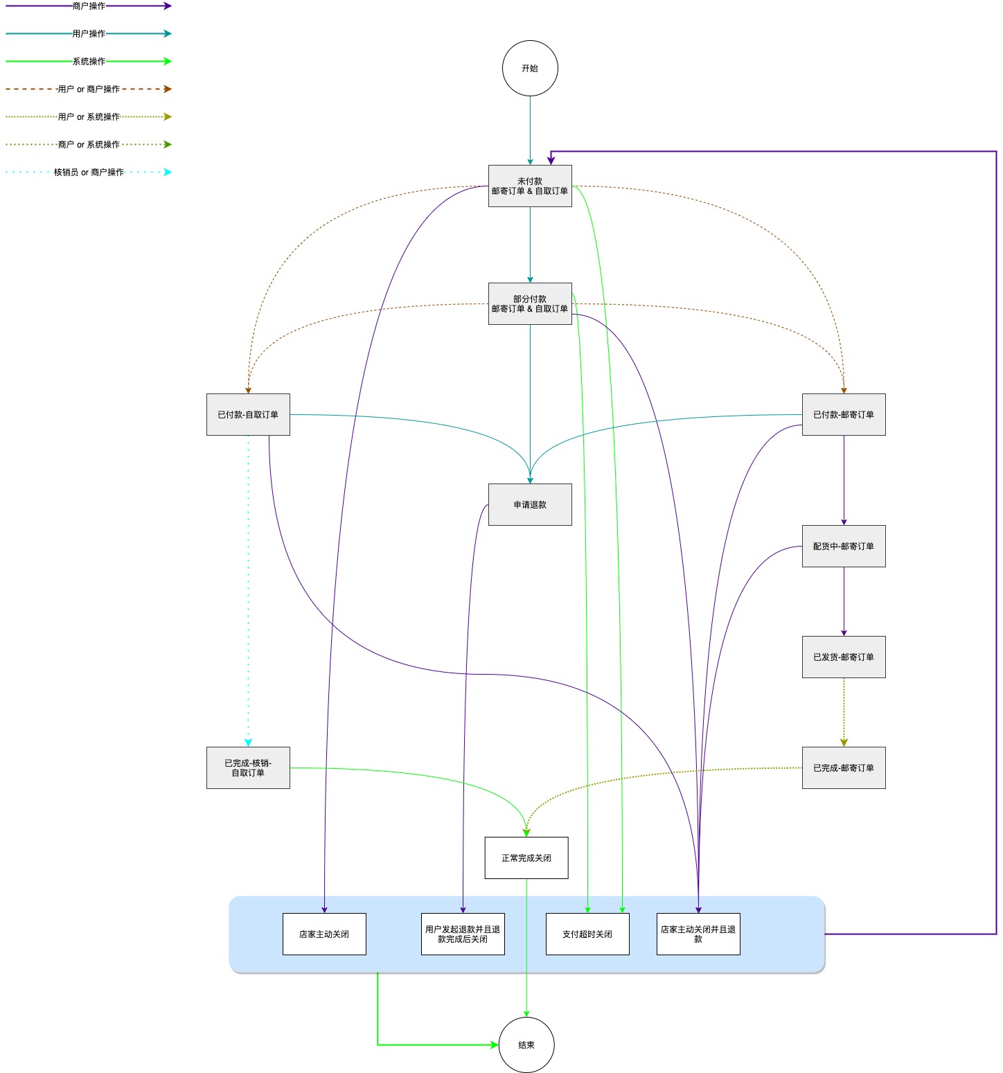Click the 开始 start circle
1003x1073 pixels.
click(530, 68)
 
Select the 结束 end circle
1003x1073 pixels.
click(526, 1045)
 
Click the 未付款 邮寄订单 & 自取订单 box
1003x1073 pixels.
click(530, 186)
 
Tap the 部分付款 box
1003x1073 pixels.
click(530, 303)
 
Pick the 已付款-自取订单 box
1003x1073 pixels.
click(248, 414)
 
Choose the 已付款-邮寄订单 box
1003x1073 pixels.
click(844, 414)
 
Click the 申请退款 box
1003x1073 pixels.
click(530, 504)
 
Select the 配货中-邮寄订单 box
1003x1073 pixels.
click(844, 546)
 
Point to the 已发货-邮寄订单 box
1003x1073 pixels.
click(844, 657)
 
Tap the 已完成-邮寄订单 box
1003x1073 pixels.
click(844, 768)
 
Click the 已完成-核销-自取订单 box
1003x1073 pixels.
click(248, 768)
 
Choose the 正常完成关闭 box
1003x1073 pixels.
click(526, 858)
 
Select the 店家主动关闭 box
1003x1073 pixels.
click(324, 934)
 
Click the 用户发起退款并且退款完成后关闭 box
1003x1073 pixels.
click(463, 934)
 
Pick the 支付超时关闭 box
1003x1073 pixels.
click(587, 934)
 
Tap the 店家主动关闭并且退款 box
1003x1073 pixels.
click(698, 934)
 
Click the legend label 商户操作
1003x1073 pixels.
click(89, 6)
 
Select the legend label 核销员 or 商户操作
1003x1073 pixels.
click(89, 172)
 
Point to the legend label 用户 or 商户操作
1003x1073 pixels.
click(89, 89)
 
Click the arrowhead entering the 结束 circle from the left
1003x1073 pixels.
click(495, 1045)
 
